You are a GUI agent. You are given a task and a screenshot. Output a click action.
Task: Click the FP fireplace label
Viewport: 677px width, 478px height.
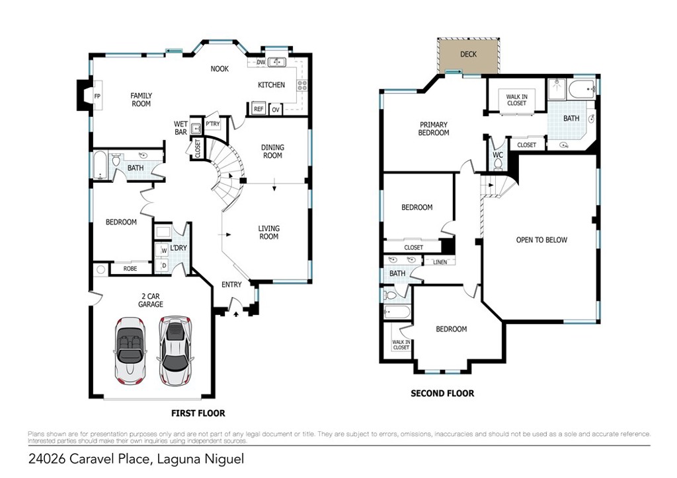pos(97,96)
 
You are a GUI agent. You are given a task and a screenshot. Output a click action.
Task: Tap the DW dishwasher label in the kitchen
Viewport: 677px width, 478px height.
pos(260,63)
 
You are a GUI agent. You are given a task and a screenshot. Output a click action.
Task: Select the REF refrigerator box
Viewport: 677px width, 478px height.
pos(259,109)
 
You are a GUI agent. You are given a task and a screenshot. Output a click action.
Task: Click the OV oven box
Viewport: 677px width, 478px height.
pos(276,110)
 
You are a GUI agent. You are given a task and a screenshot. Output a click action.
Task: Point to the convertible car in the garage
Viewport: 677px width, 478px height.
pos(130,351)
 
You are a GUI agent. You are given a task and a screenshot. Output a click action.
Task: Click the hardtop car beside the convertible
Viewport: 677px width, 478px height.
pos(175,351)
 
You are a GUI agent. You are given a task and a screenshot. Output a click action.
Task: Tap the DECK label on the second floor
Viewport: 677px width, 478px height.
pos(469,54)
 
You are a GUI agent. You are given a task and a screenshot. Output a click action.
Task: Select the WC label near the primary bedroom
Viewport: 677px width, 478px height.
pos(498,155)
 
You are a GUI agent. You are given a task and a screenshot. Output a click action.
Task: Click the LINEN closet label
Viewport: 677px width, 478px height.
pos(440,262)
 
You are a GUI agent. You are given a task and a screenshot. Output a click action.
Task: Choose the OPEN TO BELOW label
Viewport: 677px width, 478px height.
pos(542,240)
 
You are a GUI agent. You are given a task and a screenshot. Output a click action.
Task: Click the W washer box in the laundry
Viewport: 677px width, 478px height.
pos(164,250)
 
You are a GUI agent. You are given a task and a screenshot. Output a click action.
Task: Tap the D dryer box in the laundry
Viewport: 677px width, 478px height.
pos(164,266)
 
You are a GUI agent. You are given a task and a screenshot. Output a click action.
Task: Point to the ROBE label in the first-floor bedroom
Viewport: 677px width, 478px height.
pos(130,269)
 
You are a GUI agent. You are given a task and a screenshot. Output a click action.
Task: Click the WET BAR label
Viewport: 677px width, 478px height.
pos(181,128)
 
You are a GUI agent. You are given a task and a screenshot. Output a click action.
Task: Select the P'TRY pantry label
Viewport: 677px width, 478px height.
pos(213,124)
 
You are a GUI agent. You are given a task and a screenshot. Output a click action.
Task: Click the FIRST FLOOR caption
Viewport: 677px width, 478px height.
pos(198,413)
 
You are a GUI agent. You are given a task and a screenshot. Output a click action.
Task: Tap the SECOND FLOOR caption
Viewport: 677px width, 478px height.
pos(442,393)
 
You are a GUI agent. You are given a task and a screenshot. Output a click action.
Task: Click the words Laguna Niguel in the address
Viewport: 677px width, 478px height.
pos(200,459)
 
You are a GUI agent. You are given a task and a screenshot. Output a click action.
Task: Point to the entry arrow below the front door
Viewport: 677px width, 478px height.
pos(236,314)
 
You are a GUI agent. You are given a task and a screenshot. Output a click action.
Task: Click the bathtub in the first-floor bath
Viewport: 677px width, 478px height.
pos(100,164)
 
